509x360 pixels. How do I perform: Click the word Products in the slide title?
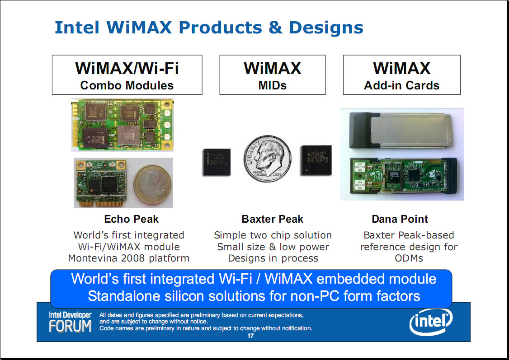[x=220, y=27]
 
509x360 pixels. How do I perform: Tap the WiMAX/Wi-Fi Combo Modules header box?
[x=127, y=75]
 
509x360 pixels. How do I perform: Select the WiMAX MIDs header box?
[x=272, y=75]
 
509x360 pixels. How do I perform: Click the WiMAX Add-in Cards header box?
[x=401, y=75]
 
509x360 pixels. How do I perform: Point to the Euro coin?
[x=153, y=184]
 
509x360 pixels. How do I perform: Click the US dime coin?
[x=268, y=159]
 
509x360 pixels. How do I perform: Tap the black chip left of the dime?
[x=217, y=162]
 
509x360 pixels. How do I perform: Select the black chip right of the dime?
[x=316, y=160]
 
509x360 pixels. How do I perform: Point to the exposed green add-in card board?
[x=404, y=175]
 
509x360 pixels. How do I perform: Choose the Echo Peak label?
[x=131, y=219]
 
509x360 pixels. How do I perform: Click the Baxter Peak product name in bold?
[x=272, y=219]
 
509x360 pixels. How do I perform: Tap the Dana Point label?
[x=400, y=219]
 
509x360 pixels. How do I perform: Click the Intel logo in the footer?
[x=431, y=322]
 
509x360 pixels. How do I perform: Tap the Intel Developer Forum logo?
[x=70, y=322]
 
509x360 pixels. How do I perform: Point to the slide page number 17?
[x=250, y=336]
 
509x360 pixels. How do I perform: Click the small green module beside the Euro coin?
[x=101, y=183]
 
